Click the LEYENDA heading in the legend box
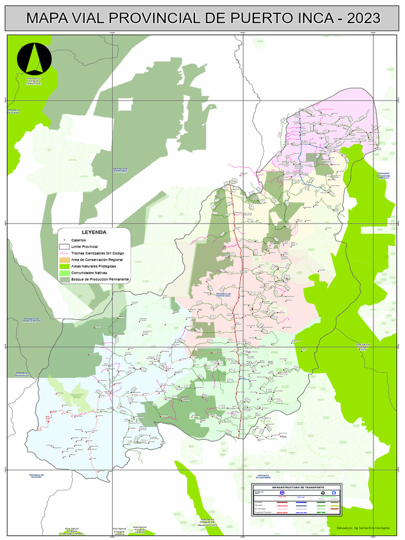point(94,232)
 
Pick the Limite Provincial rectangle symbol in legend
point(64,246)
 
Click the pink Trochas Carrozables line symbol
point(64,253)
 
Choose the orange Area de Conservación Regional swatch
point(64,259)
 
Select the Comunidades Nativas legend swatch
point(64,273)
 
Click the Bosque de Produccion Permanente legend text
point(100,279)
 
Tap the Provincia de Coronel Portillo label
point(383,175)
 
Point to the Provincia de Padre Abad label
point(123,170)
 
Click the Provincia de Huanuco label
point(21,374)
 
